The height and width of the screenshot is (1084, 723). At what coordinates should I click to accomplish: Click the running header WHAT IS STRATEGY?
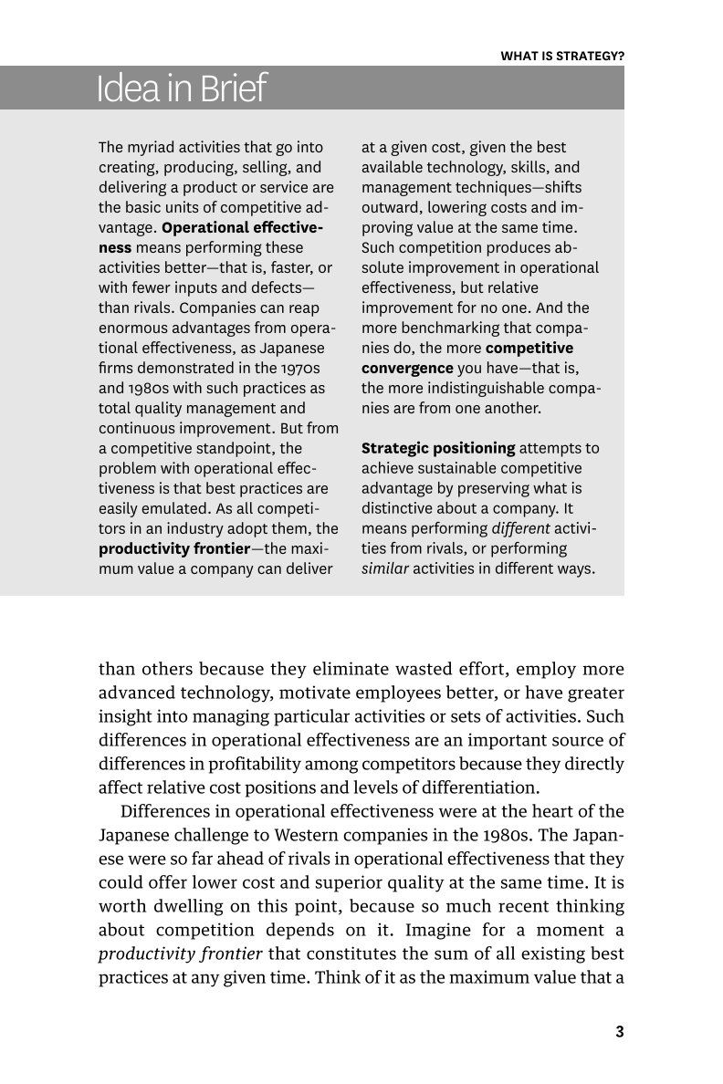click(562, 56)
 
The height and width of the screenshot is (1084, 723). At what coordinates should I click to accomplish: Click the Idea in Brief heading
click(181, 89)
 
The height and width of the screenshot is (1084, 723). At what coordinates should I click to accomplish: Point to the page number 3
click(619, 1032)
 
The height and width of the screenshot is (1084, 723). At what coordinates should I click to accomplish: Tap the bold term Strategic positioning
click(438, 448)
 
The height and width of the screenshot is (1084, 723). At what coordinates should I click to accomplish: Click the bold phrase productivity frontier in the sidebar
click(173, 548)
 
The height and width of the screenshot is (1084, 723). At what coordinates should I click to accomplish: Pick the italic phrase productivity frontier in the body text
click(181, 954)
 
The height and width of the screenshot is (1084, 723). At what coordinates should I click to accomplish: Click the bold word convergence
click(407, 368)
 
